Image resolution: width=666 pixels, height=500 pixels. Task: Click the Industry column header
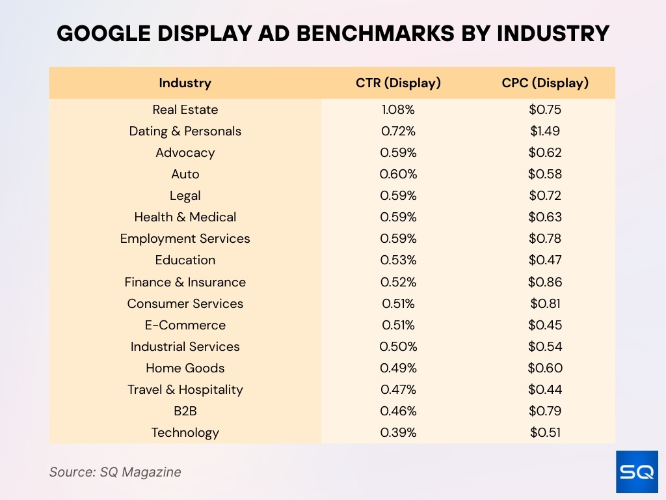pyautogui.click(x=185, y=83)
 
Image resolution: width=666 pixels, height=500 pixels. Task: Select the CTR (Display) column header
pyautogui.click(x=398, y=83)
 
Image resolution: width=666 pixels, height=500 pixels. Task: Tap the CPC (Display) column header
pyautogui.click(x=545, y=83)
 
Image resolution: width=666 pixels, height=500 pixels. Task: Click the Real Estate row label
pyautogui.click(x=185, y=109)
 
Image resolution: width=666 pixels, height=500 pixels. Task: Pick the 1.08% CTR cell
pyautogui.click(x=398, y=109)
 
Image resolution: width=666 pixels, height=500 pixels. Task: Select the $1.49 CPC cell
pyautogui.click(x=545, y=131)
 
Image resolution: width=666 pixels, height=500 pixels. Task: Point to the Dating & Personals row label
pyautogui.click(x=185, y=131)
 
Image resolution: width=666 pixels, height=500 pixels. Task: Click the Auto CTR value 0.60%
pyautogui.click(x=398, y=174)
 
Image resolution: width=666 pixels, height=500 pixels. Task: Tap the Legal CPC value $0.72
pyautogui.click(x=545, y=195)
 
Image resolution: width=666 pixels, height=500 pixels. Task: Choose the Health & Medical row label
pyautogui.click(x=185, y=217)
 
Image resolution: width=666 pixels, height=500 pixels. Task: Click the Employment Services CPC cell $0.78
pyautogui.click(x=545, y=238)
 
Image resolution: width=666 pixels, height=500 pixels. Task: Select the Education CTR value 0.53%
pyautogui.click(x=398, y=260)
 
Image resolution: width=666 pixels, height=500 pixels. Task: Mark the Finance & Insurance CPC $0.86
pyautogui.click(x=545, y=282)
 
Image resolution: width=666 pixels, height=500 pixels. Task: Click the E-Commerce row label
pyautogui.click(x=185, y=325)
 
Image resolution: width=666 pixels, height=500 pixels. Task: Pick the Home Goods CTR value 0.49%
pyautogui.click(x=398, y=368)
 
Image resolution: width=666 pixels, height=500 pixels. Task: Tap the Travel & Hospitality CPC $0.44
pyautogui.click(x=545, y=389)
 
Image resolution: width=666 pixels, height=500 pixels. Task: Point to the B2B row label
pyautogui.click(x=185, y=411)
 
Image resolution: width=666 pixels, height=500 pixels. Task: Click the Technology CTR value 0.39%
pyautogui.click(x=398, y=432)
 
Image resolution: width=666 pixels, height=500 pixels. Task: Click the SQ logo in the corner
pyautogui.click(x=637, y=471)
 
